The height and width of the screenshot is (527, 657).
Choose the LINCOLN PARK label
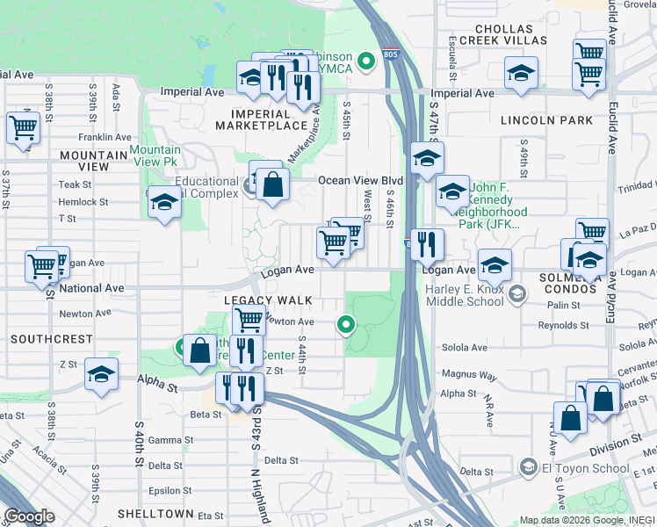(x=546, y=119)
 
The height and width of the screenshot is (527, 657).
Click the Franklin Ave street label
(x=104, y=137)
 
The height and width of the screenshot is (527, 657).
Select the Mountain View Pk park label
(x=155, y=155)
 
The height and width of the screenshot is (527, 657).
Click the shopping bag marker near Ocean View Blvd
(x=273, y=184)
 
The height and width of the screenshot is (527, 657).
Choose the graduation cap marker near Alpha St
(x=102, y=375)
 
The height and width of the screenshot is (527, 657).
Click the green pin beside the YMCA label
(x=367, y=61)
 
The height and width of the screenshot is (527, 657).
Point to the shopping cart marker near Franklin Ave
(x=23, y=127)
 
